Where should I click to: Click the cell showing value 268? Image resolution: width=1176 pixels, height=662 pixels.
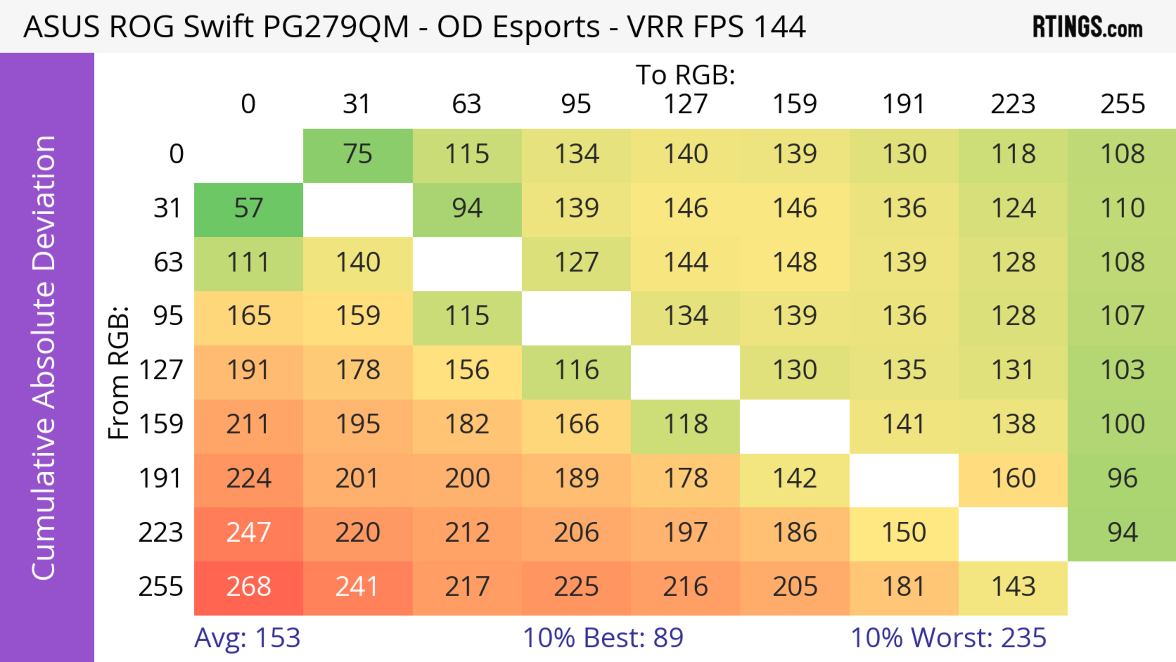coord(248,587)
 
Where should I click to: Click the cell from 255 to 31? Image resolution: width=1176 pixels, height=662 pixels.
coord(357,587)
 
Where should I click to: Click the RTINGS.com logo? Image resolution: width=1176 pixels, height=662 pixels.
coord(1087,27)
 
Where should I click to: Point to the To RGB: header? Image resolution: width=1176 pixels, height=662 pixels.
coord(685,74)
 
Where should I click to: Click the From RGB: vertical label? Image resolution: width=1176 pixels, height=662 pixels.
coord(119,373)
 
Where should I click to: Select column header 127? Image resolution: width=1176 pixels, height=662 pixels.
coord(685,104)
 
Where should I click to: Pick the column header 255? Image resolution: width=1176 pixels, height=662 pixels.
coord(1122,104)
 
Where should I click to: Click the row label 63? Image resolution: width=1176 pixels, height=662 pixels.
coord(168,263)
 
